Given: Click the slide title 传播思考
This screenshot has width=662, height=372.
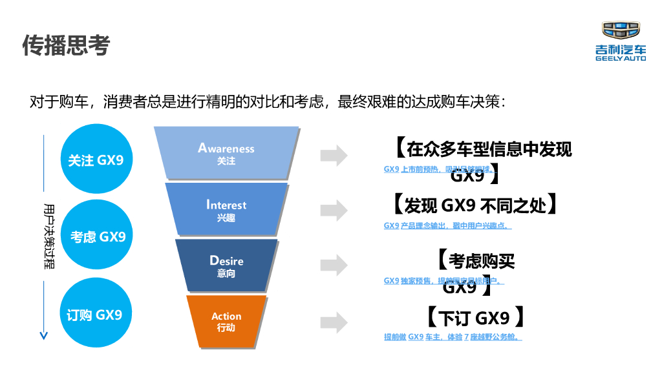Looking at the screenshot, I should coord(67,45).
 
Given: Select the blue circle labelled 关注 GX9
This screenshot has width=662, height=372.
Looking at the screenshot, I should coord(96,160).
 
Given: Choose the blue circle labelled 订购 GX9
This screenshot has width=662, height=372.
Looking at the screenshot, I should coord(96,315).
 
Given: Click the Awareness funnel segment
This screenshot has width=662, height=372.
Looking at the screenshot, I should coord(226,153).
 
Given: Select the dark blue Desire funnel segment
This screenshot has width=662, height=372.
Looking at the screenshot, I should coord(226,265).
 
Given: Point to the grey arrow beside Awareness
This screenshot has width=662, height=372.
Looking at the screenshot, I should coord(334,155).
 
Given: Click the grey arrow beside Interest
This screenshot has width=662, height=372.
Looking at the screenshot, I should coord(334,211).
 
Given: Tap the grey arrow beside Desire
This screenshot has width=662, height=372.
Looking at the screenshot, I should coord(334,265).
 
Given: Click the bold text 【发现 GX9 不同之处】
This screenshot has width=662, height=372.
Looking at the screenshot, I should coord(474,205).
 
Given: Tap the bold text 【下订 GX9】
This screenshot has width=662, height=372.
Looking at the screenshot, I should coord(474,318).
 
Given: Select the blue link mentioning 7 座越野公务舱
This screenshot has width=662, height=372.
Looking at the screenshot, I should coord(453,337).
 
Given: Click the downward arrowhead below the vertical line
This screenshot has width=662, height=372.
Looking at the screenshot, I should coord(43,335).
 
